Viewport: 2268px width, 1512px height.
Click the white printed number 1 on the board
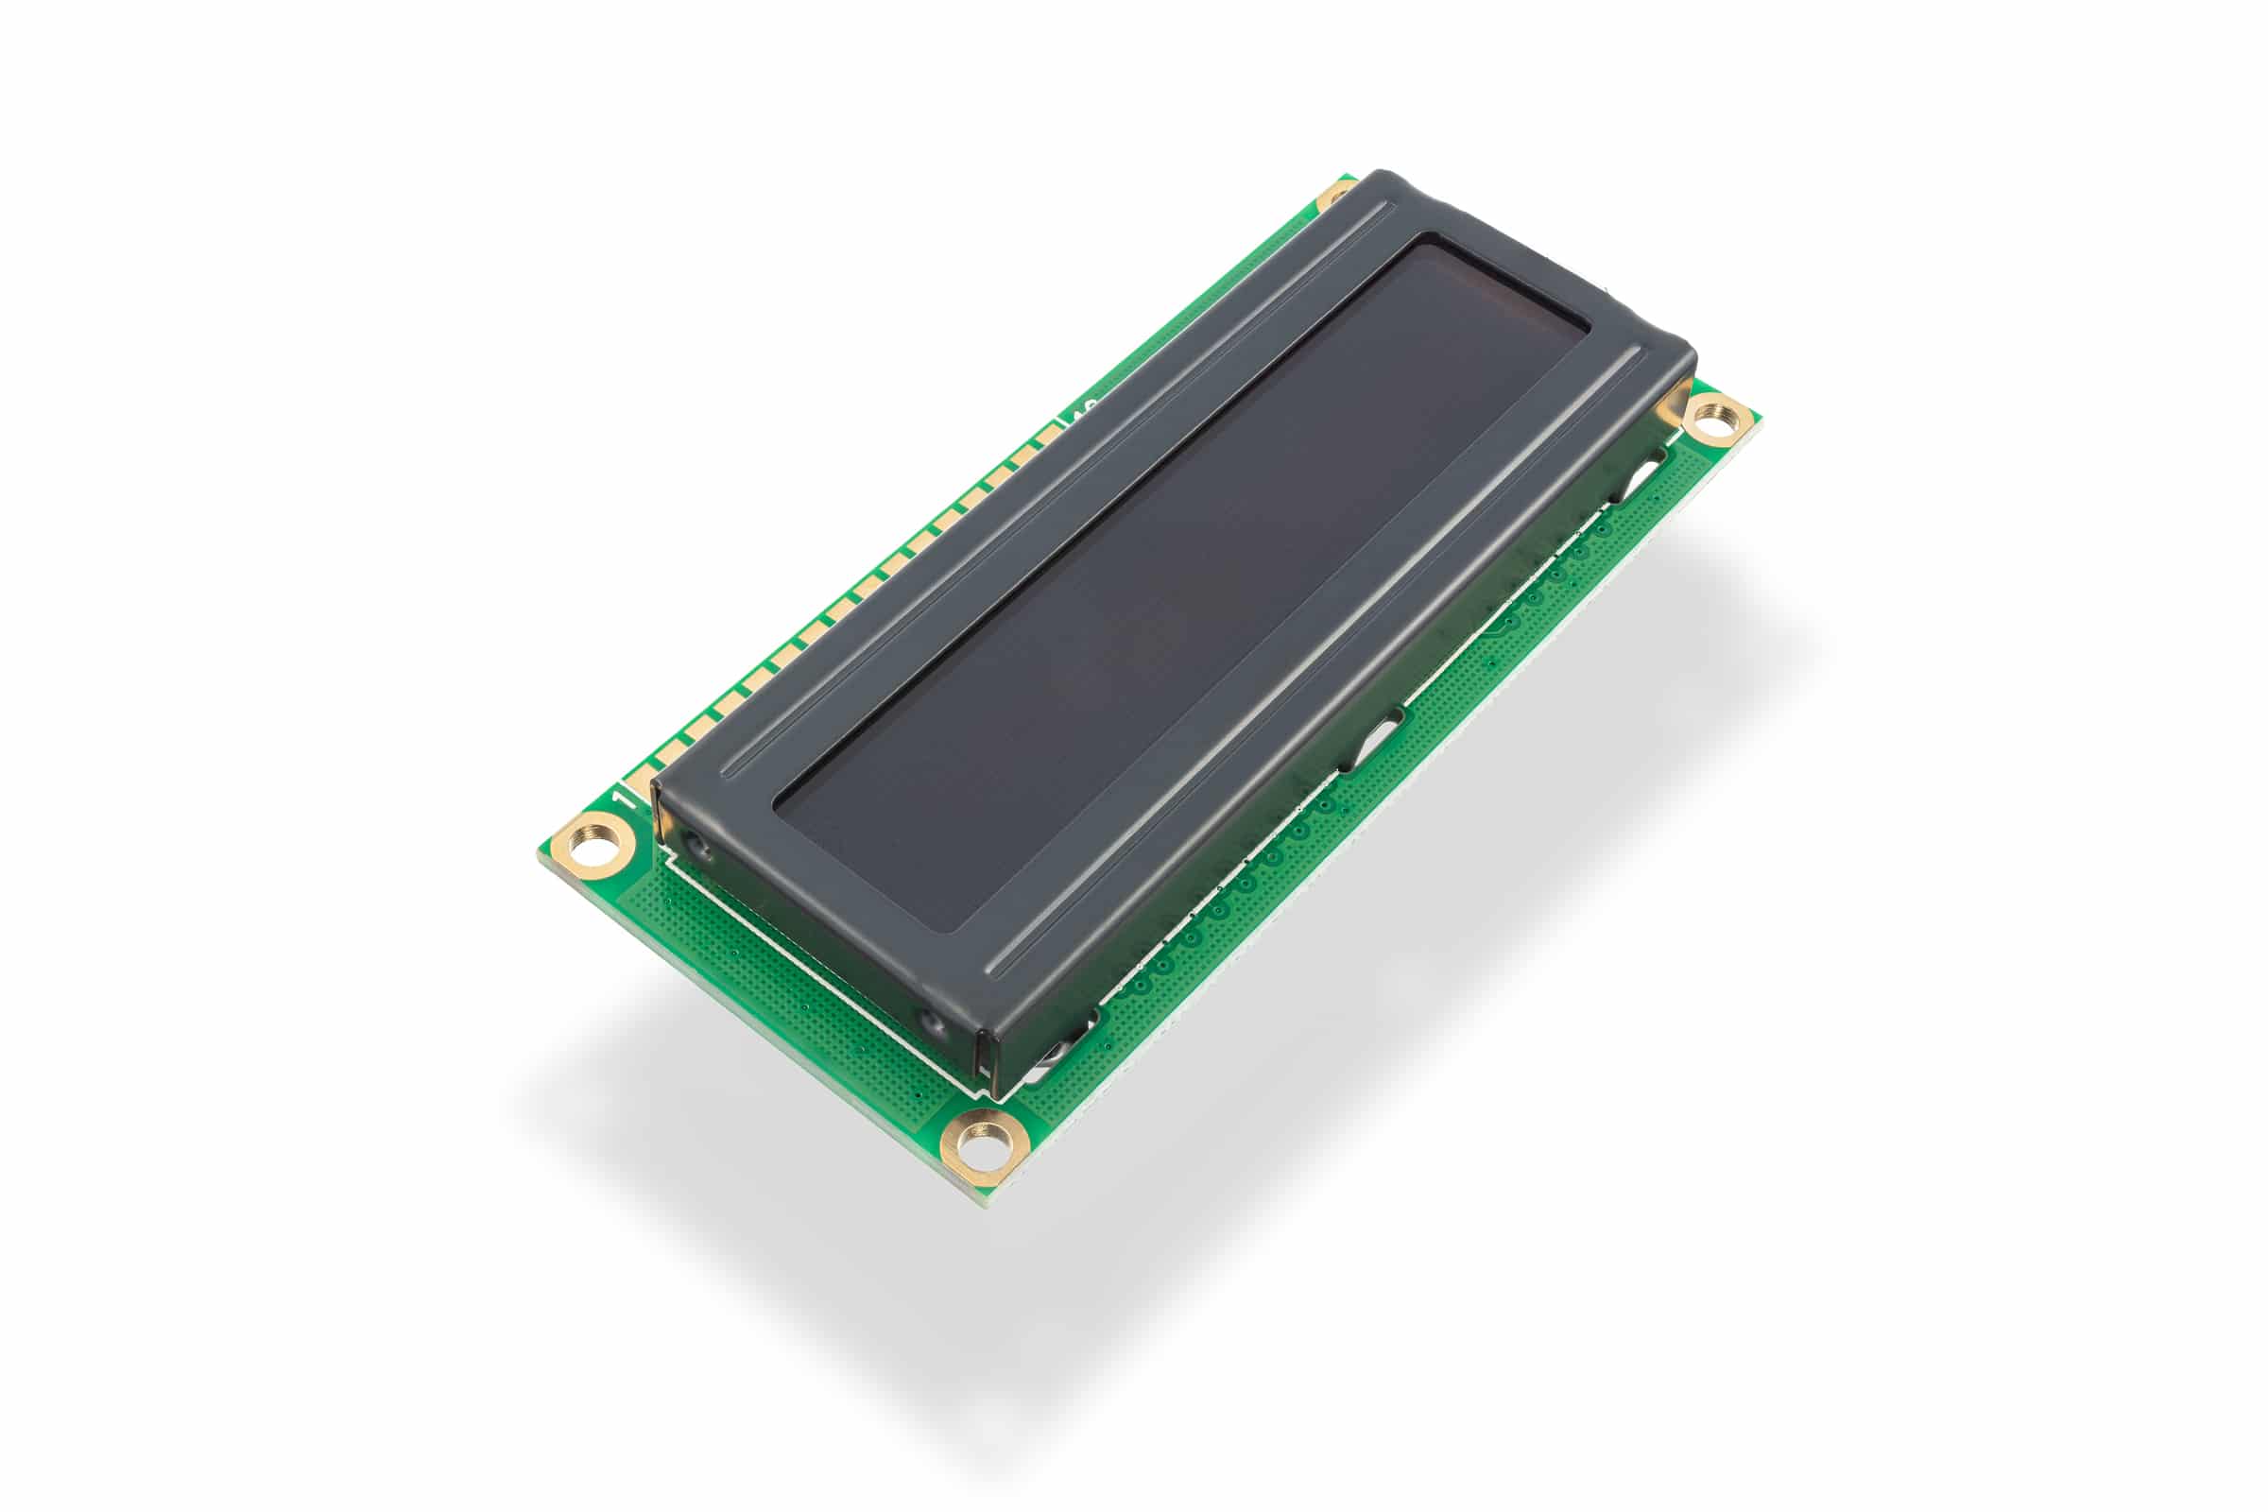pos(623,799)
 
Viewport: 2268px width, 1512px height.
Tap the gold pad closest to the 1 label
pos(640,781)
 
